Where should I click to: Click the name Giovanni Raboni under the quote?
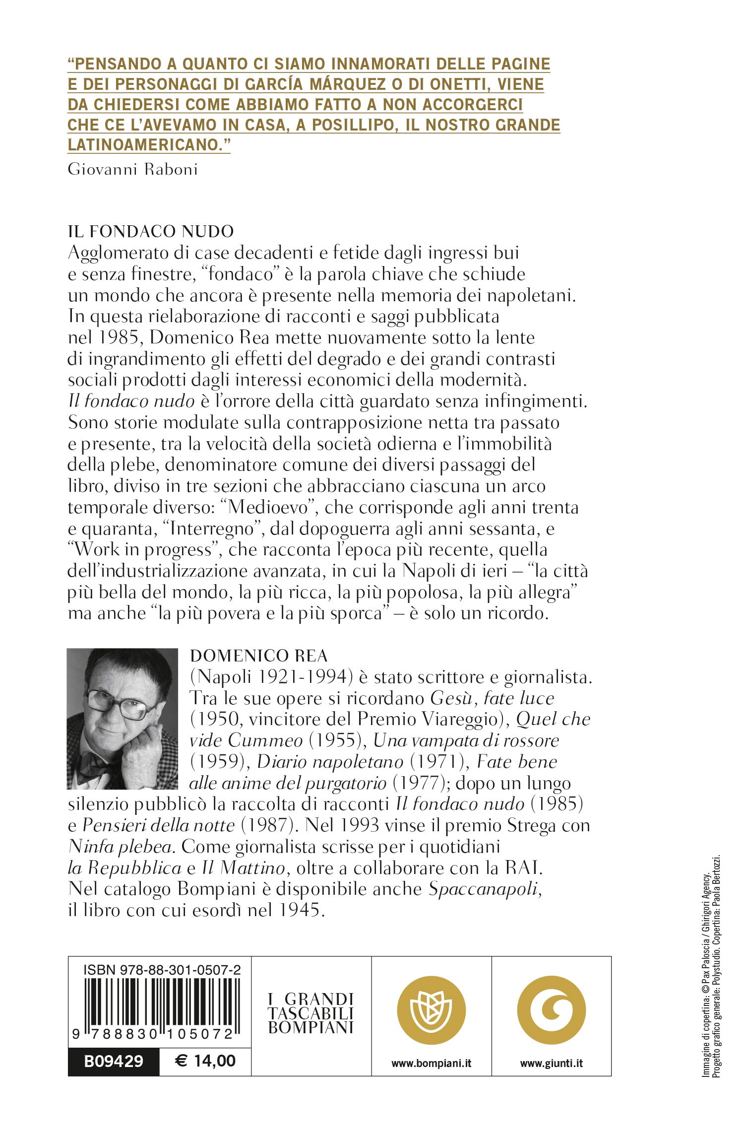click(132, 169)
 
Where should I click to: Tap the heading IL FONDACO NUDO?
click(151, 231)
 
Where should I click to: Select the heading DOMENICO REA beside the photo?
click(258, 656)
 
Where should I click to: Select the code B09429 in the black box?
click(114, 1062)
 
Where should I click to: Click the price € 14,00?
click(205, 1061)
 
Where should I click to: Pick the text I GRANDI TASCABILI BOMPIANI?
click(311, 1013)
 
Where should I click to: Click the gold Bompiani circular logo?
click(431, 1010)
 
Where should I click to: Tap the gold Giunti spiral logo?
click(551, 1010)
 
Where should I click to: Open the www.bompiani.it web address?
click(431, 1063)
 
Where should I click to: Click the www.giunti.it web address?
click(551, 1063)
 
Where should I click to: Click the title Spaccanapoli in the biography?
click(484, 888)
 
